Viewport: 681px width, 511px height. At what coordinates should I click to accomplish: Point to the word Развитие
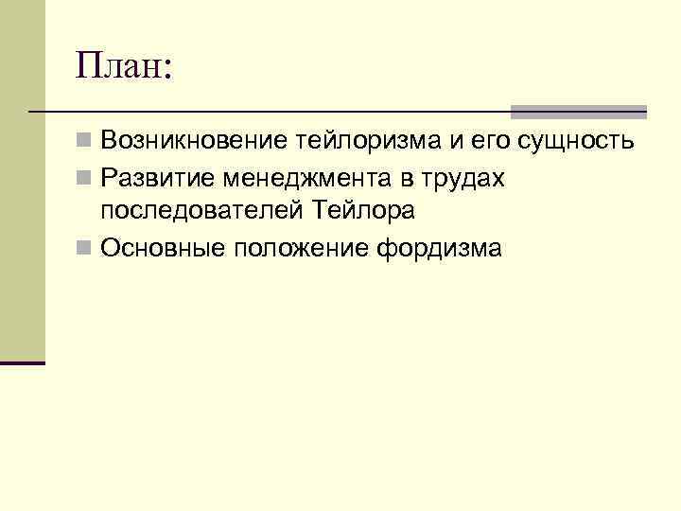click(x=152, y=178)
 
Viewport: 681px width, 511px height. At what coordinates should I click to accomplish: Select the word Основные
click(x=156, y=248)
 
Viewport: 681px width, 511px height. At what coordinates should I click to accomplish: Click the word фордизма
click(x=440, y=248)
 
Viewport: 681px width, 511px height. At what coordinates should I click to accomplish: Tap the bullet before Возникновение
click(x=85, y=143)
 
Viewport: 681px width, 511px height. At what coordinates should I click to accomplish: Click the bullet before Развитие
click(x=85, y=178)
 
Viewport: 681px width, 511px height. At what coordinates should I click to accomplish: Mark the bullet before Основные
click(x=85, y=248)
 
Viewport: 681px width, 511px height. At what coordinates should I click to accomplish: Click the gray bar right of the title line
click(x=578, y=112)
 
